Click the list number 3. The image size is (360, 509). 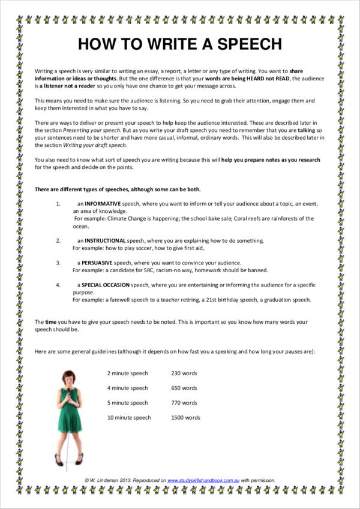(58, 263)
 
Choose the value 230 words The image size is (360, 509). (184, 373)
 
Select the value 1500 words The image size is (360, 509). (185, 417)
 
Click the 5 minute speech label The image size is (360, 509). (127, 403)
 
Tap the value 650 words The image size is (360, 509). (184, 388)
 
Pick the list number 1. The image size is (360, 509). (58, 204)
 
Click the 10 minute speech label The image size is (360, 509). (129, 417)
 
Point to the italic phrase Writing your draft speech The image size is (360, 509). (98, 144)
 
